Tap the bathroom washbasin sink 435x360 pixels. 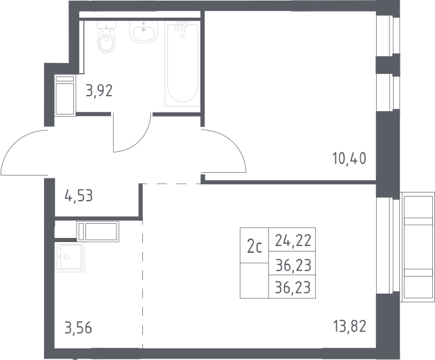(x=144, y=32)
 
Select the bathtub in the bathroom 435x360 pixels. (x=182, y=64)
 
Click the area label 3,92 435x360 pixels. (x=99, y=91)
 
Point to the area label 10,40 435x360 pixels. (x=349, y=159)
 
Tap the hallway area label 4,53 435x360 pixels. (x=79, y=196)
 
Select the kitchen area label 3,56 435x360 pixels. (x=78, y=327)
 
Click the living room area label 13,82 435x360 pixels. (x=350, y=326)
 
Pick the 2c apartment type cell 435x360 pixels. (x=254, y=245)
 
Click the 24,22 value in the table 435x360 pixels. (x=293, y=241)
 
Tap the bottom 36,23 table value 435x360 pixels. (x=293, y=287)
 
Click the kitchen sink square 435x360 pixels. (x=70, y=257)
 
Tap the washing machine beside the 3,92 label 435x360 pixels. (x=65, y=95)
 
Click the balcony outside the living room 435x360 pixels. (x=417, y=247)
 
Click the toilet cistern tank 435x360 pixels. (x=106, y=25)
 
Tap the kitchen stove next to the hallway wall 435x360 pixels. (x=98, y=231)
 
